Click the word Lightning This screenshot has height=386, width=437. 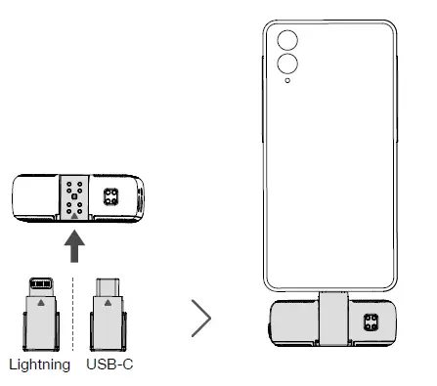coord(40,365)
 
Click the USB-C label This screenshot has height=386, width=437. coord(109,364)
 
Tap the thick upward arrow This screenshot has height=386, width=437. coord(74,246)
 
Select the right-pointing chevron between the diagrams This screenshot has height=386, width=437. coord(201,319)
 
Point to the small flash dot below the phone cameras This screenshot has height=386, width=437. coord(287,80)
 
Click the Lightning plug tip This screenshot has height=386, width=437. coord(41,286)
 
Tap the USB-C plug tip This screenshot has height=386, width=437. coord(108,287)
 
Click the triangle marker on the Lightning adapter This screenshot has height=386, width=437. coord(41,303)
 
